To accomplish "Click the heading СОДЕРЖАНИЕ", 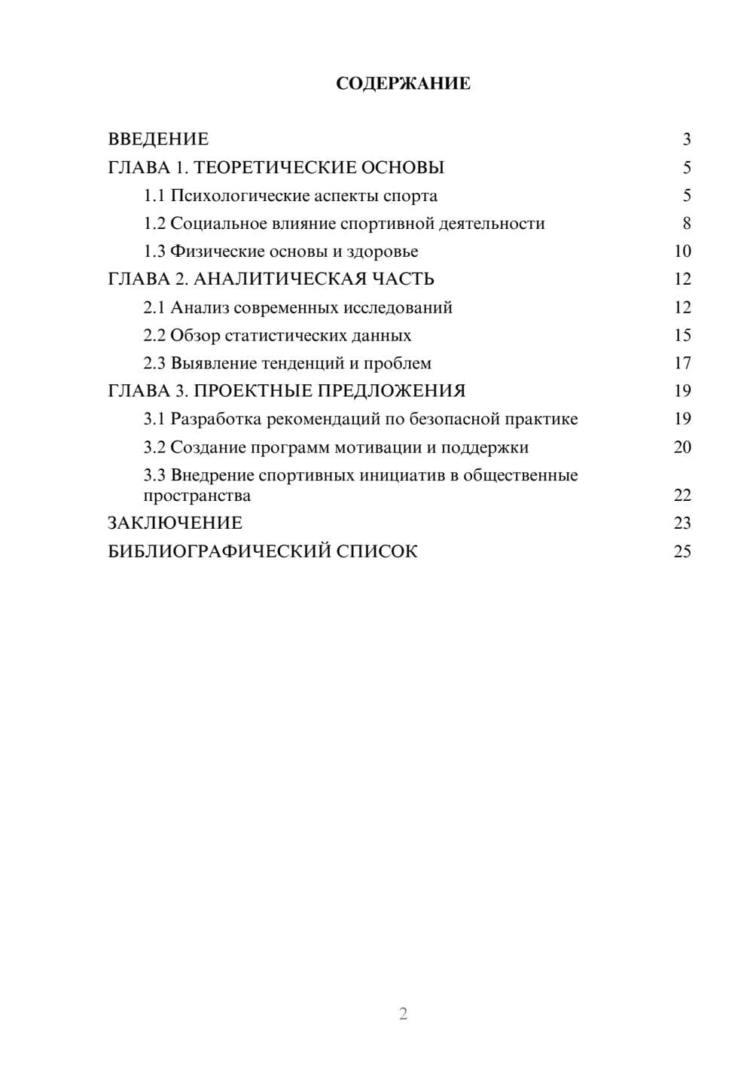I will point(403,84).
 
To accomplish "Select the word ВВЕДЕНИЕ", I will point(158,139).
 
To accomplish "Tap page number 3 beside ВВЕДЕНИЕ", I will point(686,139).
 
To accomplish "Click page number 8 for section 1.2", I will point(686,224).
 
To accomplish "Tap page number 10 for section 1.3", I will point(682,252).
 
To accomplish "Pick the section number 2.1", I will point(154,307).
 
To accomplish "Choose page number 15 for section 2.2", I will point(682,335).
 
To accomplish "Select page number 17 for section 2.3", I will point(682,364).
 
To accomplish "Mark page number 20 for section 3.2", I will point(682,447).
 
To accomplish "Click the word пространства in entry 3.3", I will point(197,496).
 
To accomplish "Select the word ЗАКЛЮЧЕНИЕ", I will point(175,523).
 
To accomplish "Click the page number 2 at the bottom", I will point(403,1014).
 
